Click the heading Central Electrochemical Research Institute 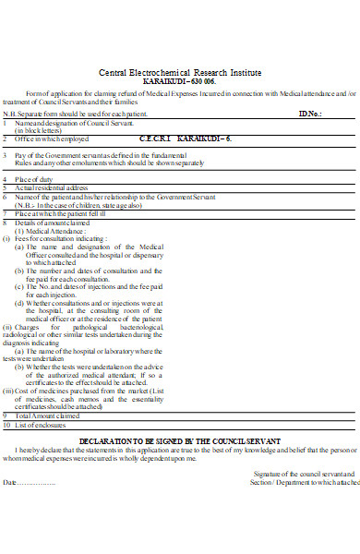click(x=180, y=72)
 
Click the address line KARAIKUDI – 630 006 click(x=180, y=81)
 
